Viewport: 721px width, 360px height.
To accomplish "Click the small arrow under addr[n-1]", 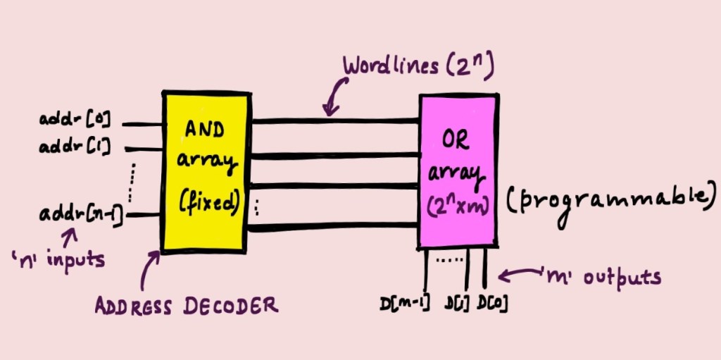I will pos(70,234).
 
